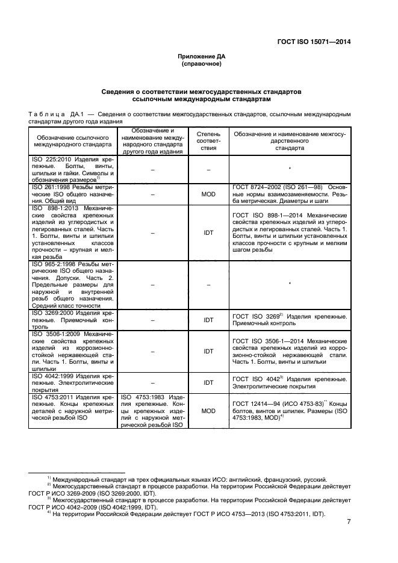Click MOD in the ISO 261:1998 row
[x=208, y=194]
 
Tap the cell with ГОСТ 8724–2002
[x=289, y=194]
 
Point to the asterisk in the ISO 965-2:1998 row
[x=290, y=283]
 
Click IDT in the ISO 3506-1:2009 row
[x=208, y=351]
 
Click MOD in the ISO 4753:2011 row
[x=208, y=411]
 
